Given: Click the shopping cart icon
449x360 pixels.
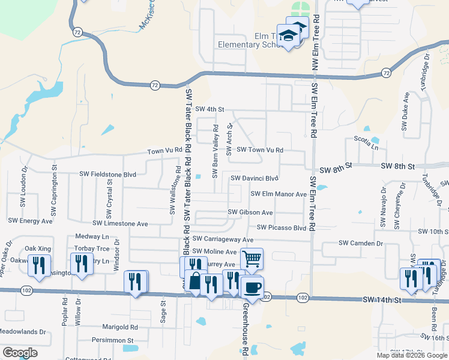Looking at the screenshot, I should click(x=252, y=259).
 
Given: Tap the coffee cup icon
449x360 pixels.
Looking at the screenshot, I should click(x=253, y=287).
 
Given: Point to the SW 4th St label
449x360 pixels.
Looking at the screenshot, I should click(x=209, y=110).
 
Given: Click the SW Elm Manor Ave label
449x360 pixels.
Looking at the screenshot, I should click(x=279, y=194).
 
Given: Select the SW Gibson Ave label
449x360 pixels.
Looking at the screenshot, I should click(x=250, y=212).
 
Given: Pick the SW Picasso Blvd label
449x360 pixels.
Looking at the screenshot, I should click(x=282, y=228).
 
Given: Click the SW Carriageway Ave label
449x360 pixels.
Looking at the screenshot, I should click(x=220, y=239).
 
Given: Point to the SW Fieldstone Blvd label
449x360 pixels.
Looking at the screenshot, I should click(x=108, y=174).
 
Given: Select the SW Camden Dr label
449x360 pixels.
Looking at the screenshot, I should click(x=361, y=243).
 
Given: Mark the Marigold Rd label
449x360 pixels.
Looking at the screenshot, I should click(x=120, y=328).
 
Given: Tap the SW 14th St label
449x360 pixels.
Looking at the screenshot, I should click(x=381, y=299).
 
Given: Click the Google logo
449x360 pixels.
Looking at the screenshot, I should click(x=20, y=353).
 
